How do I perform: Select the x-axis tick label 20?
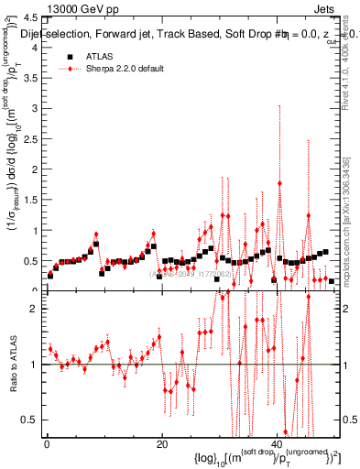point(161,445)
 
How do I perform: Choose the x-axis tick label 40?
point(277,445)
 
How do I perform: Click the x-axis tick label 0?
point(46,445)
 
